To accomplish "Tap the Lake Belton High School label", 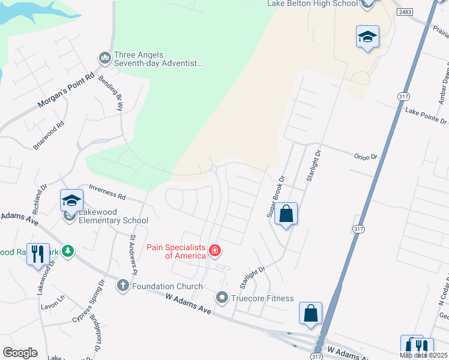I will pyautogui.click(x=312, y=4).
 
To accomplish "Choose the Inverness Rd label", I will pyautogui.click(x=107, y=192).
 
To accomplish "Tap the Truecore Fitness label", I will pyautogui.click(x=263, y=298).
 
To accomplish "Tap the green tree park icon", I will pyautogui.click(x=69, y=251).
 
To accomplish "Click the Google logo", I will pyautogui.click(x=20, y=353).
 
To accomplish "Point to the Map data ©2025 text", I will pyautogui.click(x=423, y=355).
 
